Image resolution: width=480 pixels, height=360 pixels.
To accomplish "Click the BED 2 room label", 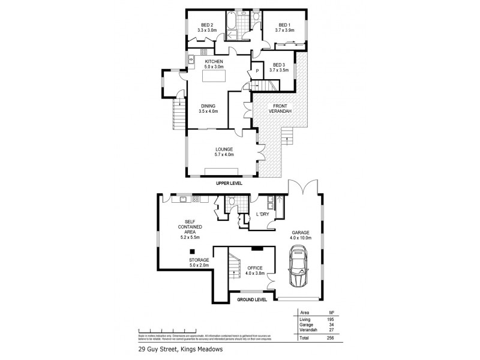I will (206, 23).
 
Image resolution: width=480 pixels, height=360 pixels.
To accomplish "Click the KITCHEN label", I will (214, 61).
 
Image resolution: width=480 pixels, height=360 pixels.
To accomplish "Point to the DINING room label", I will (208, 106).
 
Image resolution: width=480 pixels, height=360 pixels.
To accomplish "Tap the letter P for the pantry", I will (257, 70).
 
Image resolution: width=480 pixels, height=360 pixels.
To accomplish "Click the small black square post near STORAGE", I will (191, 252).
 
